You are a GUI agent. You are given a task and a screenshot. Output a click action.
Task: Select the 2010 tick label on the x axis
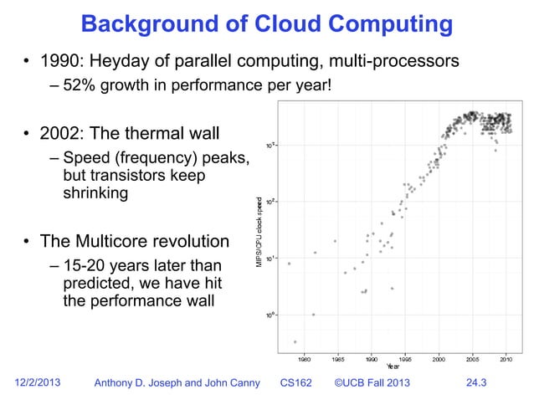point(506,359)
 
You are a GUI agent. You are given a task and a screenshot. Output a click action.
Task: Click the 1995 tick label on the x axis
point(404,359)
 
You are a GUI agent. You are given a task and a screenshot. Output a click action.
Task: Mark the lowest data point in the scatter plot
point(295,341)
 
